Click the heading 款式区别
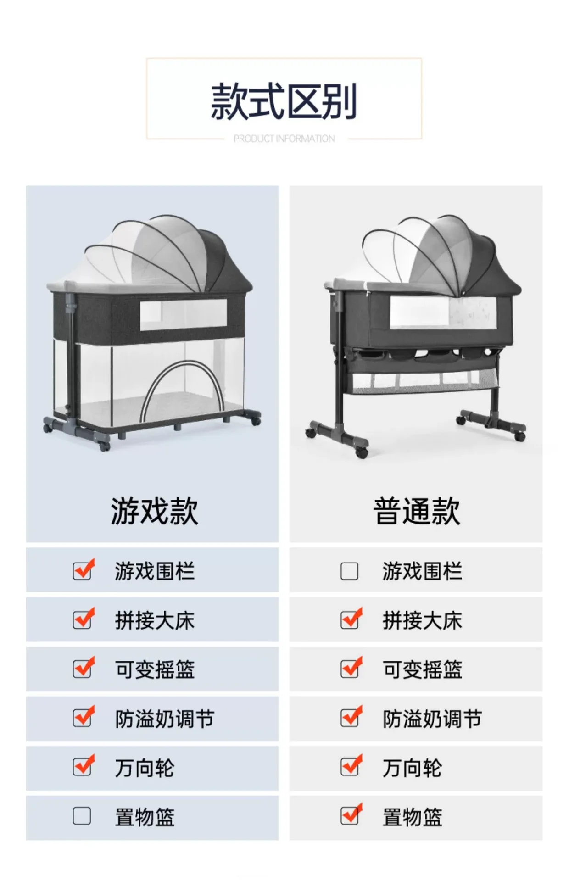click(284, 101)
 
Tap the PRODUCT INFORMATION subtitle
click(284, 139)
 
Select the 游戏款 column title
click(154, 511)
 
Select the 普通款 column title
click(416, 511)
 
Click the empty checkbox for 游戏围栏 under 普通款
click(349, 571)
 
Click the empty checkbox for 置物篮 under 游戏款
click(82, 816)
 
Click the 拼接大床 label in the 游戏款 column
click(155, 620)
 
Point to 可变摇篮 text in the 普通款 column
click(422, 669)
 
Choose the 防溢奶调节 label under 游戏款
click(164, 719)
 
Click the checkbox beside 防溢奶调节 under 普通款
click(350, 718)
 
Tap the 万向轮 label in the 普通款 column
click(412, 768)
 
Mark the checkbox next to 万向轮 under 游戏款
click(82, 767)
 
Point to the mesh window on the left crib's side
click(184, 314)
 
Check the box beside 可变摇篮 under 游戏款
click(82, 669)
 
